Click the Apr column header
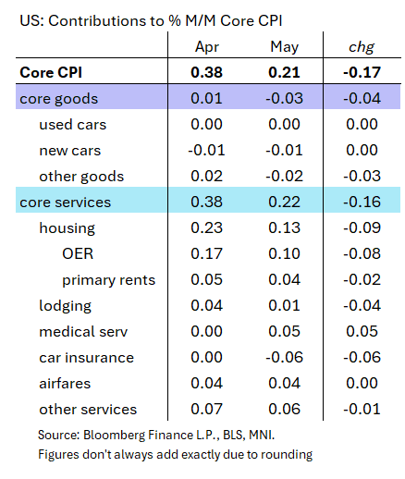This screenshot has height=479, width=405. pyautogui.click(x=207, y=47)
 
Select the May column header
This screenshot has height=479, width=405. pyautogui.click(x=285, y=47)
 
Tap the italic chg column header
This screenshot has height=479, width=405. pyautogui.click(x=362, y=47)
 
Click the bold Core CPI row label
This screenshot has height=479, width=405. pyautogui.click(x=51, y=73)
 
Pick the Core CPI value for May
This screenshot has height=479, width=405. pyautogui.click(x=284, y=73)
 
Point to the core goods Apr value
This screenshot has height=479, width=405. pyautogui.click(x=206, y=99)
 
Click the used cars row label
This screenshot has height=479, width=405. pyautogui.click(x=73, y=125)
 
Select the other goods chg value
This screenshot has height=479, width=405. pyautogui.click(x=362, y=177)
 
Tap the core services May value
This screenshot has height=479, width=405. pyautogui.click(x=284, y=203)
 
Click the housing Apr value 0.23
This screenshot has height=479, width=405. pyautogui.click(x=206, y=228)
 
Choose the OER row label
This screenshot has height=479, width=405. pyautogui.click(x=78, y=254)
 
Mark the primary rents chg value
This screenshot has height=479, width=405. pyautogui.click(x=362, y=280)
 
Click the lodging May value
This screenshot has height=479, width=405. pyautogui.click(x=284, y=306)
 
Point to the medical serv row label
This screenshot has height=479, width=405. pyautogui.click(x=83, y=332)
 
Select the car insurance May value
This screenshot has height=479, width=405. pyautogui.click(x=284, y=358)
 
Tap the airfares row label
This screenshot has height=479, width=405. pyautogui.click(x=65, y=384)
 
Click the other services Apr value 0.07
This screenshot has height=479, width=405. pyautogui.click(x=206, y=410)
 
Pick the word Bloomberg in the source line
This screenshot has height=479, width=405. pyautogui.click(x=114, y=436)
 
